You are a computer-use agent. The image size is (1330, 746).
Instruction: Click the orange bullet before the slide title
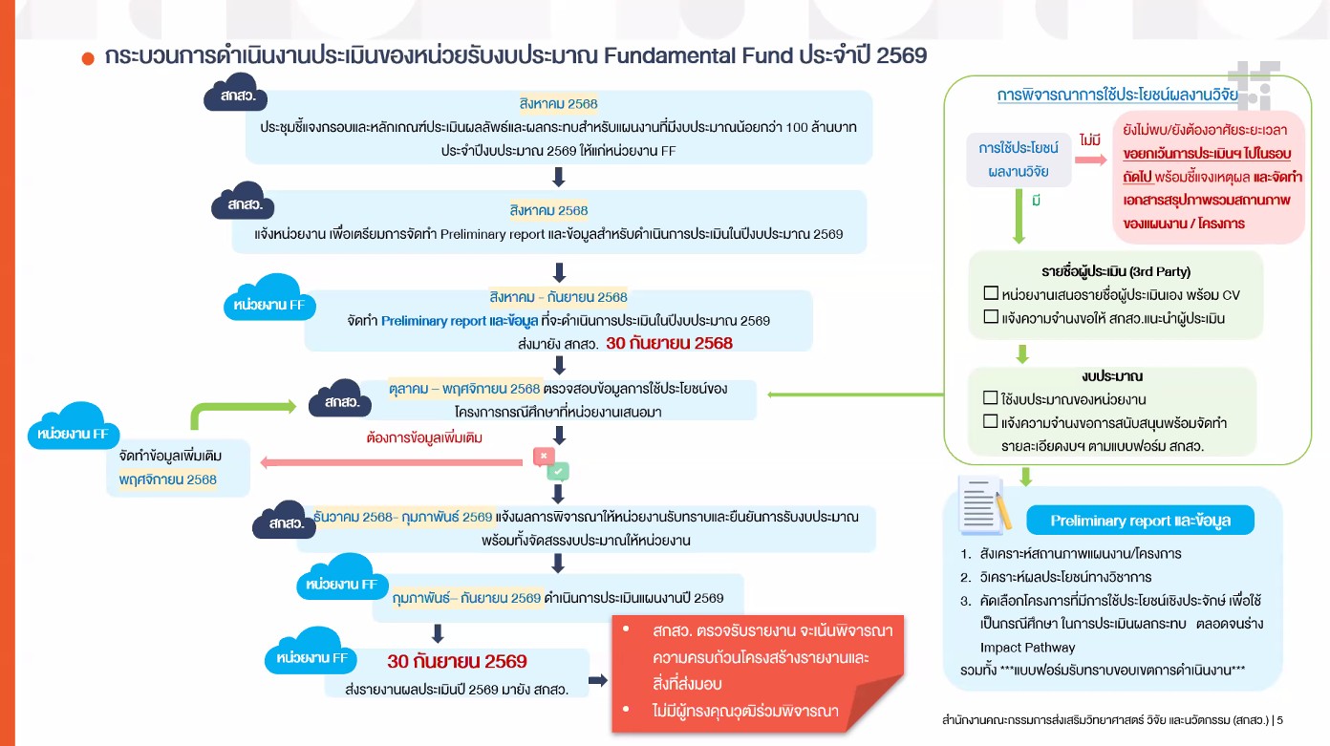coord(88,58)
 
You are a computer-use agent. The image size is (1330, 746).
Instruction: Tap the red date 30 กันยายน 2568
coord(669,343)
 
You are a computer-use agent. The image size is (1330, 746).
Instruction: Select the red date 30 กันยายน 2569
coord(457,661)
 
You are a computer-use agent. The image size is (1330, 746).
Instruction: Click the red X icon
coord(544,457)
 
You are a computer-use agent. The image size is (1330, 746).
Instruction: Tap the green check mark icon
coord(558,471)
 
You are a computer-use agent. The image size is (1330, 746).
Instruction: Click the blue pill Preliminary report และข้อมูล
coord(1140,521)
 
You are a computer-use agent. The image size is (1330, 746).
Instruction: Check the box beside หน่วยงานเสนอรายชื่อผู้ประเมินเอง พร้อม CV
coord(990,293)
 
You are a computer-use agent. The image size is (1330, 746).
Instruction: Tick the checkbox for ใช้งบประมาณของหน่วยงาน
coord(990,398)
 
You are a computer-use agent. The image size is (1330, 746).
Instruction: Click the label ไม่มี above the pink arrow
coord(1089,140)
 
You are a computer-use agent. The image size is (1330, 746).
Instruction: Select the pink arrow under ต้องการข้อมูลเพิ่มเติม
coord(396,462)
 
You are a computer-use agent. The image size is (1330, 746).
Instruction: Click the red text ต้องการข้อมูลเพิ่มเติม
coord(424,438)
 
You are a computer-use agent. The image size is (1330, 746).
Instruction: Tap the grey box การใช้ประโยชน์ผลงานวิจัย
coord(1019,160)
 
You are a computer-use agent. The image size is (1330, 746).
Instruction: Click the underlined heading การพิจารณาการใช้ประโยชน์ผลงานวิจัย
coord(1116,96)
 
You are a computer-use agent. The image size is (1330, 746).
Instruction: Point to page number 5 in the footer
coord(1279,719)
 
